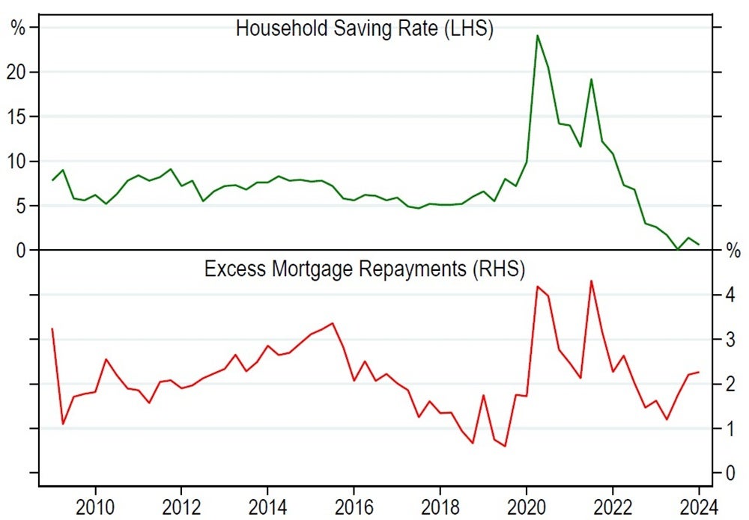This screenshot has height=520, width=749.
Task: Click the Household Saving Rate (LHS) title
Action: coord(364,29)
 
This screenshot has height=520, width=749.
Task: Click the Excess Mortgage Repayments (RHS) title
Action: coord(364,268)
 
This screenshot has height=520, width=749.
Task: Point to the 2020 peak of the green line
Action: coord(537,35)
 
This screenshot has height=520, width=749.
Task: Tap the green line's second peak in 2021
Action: coord(591,79)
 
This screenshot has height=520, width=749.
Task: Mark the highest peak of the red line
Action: coord(591,281)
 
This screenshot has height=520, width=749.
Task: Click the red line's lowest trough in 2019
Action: coord(505,446)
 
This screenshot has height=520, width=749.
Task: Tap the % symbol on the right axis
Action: coord(733,251)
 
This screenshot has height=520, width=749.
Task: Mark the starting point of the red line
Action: coord(52,328)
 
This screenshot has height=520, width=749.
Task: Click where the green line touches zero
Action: coord(677,249)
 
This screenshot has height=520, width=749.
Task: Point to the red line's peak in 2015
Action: coord(332,323)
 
